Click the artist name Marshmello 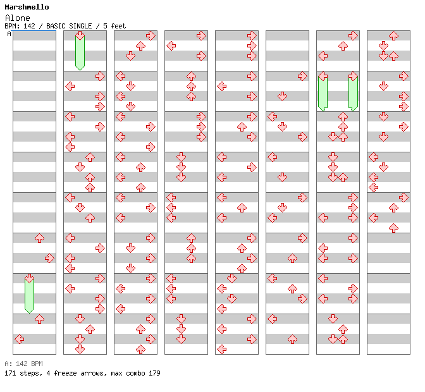click(x=27, y=7)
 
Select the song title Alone click(x=17, y=18)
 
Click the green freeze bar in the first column click(x=29, y=294)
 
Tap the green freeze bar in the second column click(x=80, y=52)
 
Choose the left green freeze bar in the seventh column click(x=323, y=92)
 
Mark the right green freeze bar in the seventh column click(x=353, y=92)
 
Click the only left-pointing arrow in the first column click(x=19, y=339)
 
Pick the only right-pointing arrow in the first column click(x=49, y=258)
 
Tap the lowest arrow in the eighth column click(x=393, y=228)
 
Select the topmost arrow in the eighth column click(x=393, y=35)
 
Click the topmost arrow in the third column click(x=151, y=35)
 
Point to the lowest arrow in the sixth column click(x=292, y=339)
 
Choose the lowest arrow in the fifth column click(x=221, y=349)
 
